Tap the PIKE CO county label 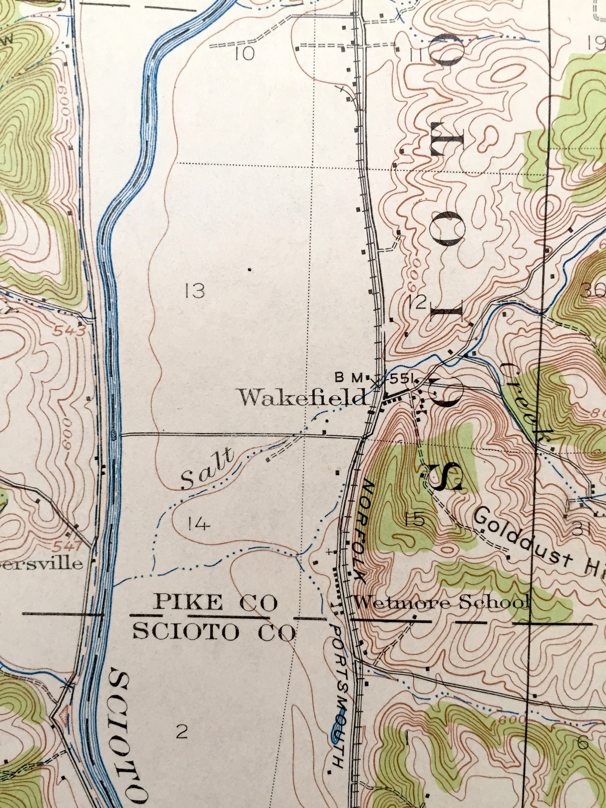215,603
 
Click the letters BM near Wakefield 348,378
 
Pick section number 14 199,525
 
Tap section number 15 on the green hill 415,519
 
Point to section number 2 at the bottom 182,732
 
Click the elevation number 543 69,331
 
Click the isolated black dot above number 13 250,269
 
